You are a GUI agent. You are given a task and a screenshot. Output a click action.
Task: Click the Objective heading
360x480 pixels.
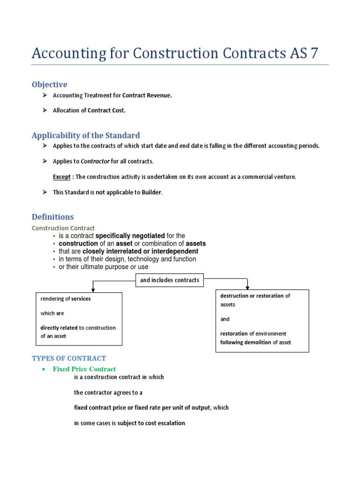(x=49, y=84)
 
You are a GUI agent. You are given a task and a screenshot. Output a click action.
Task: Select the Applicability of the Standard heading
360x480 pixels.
(x=85, y=135)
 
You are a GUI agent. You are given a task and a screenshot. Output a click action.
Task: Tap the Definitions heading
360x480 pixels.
(x=52, y=217)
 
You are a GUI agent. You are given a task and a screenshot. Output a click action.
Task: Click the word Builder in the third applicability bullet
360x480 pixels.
(x=149, y=193)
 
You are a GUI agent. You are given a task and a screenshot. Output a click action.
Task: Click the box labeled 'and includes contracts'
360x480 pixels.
(x=169, y=280)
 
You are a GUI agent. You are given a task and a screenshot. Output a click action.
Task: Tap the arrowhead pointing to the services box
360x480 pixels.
(x=93, y=290)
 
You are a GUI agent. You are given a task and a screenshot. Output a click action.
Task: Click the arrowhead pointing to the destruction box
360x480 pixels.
(x=247, y=287)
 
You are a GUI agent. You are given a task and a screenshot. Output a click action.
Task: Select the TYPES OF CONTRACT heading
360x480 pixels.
(x=69, y=359)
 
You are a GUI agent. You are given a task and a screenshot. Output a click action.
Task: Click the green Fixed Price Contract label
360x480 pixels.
(x=84, y=369)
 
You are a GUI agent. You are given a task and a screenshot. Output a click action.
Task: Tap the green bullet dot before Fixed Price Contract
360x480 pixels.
(x=44, y=369)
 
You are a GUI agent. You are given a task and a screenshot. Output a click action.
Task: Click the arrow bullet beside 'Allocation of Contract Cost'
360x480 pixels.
(x=45, y=111)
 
